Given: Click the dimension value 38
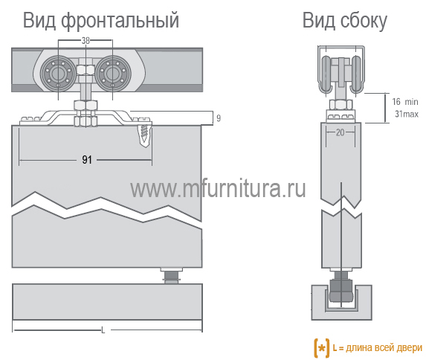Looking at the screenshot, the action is (85, 40).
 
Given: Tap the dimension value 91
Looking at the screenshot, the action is (87, 160).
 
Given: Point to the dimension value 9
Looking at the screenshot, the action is (219, 118).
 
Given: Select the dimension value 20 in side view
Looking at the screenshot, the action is (341, 132).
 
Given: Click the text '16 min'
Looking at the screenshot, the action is (404, 102).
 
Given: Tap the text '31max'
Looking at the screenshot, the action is (407, 114).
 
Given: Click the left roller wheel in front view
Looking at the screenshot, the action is (58, 73).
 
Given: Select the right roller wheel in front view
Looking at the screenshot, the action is (113, 73).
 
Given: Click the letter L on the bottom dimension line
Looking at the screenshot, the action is (103, 331).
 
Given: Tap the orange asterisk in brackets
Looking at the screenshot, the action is (321, 348).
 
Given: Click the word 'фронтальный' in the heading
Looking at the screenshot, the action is (120, 21).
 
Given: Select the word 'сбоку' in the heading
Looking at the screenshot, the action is (364, 21).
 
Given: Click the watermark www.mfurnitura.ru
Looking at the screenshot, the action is (218, 188).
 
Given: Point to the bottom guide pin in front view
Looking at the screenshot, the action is (171, 276).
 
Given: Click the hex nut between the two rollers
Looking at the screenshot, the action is (85, 70).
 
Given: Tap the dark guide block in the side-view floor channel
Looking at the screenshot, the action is (341, 290).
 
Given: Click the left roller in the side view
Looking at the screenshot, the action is (326, 74).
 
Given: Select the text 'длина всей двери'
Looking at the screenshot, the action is (384, 348).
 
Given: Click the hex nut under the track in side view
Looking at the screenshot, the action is (341, 104).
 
